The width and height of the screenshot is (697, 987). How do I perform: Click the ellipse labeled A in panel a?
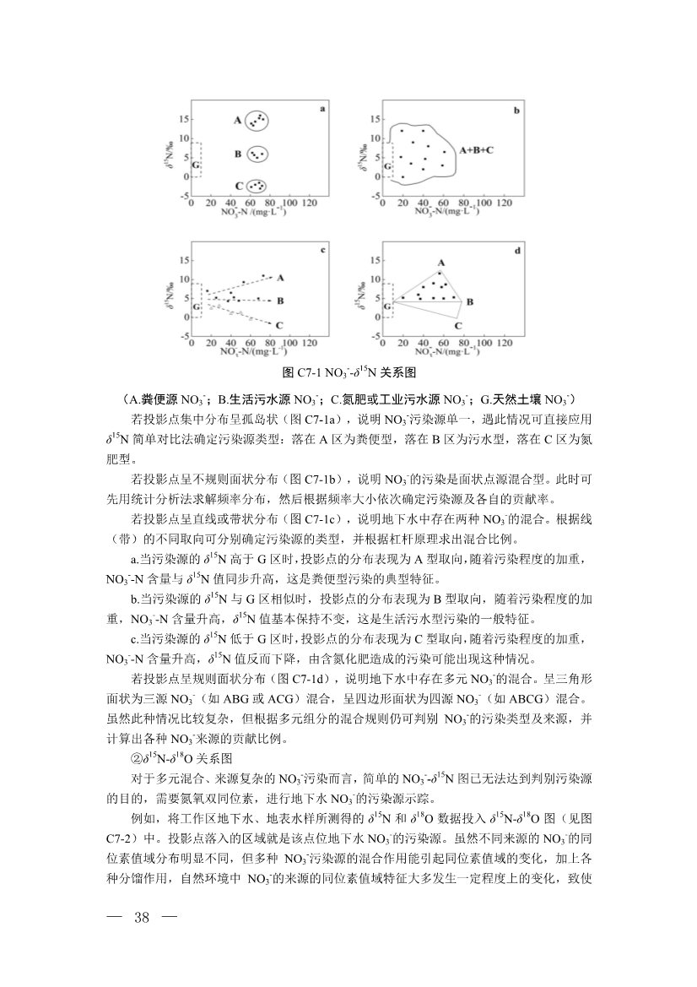pos(257,121)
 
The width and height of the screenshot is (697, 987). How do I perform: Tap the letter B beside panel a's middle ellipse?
pos(239,154)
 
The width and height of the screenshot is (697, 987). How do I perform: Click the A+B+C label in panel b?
pos(476,149)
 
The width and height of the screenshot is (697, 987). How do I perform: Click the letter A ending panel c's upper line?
pos(279,277)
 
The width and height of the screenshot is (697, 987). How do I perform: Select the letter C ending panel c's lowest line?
pos(278,324)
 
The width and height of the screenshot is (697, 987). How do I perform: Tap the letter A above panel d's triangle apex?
pos(440,263)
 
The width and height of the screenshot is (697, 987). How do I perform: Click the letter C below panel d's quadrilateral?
pos(458,324)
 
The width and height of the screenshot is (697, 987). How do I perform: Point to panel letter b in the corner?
pos(516,111)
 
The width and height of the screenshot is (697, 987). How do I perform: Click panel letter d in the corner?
pos(515,251)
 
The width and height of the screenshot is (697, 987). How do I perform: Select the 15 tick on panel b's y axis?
pos(375,120)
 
